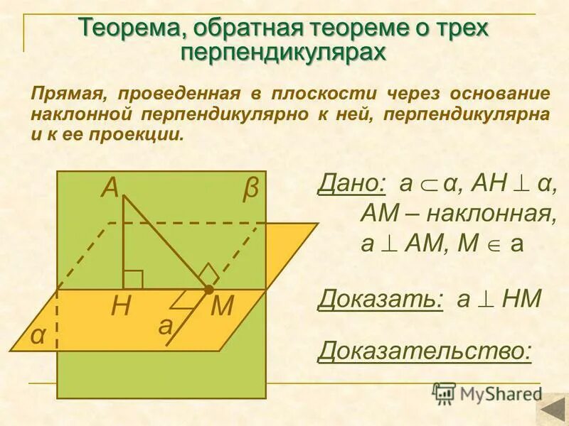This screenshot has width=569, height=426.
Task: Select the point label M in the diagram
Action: point(223,307)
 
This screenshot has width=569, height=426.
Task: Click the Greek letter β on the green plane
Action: point(250,190)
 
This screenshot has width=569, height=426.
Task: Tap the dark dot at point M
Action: point(208,290)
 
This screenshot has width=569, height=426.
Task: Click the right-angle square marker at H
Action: point(133,280)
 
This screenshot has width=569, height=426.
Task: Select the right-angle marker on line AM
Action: point(208,273)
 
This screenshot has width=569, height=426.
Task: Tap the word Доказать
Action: point(380,299)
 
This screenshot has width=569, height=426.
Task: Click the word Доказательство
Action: point(425,349)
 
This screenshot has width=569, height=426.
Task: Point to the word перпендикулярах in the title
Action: point(284,52)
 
